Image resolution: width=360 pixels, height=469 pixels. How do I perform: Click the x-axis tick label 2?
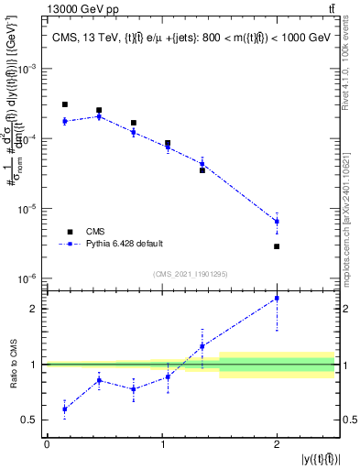coord(277,443)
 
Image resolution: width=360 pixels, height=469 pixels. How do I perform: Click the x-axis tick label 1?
coord(162,443)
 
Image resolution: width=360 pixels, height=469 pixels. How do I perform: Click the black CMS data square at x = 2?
coord(277,246)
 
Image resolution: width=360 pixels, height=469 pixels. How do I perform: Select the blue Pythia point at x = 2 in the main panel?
coord(277,222)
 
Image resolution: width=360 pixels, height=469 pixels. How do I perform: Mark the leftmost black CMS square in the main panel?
coord(64,104)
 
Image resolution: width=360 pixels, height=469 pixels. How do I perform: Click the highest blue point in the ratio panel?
coord(277,299)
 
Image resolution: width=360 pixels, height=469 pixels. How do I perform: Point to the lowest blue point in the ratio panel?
coord(64,409)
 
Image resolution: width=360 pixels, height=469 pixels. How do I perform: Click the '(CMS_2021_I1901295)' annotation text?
coord(189,274)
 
